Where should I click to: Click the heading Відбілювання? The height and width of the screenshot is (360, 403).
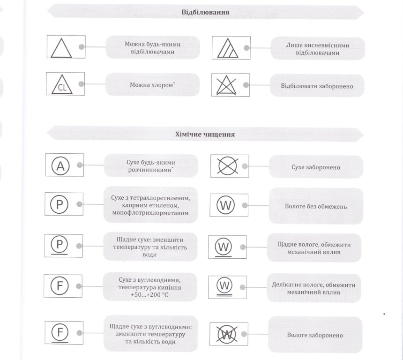[x=205, y=12]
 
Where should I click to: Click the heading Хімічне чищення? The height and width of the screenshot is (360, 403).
[x=205, y=134]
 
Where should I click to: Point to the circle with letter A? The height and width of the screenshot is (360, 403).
[x=60, y=166]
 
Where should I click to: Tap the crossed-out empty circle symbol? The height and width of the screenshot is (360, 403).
[x=227, y=166]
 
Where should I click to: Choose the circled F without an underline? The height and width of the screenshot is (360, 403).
[x=60, y=286]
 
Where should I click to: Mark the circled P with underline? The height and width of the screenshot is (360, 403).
[x=60, y=245]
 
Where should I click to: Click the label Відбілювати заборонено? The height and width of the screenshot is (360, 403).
[x=317, y=86]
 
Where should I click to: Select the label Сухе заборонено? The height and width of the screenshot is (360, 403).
[x=316, y=167]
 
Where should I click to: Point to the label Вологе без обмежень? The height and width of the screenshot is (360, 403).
[x=316, y=206]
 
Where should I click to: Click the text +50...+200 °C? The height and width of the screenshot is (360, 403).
[x=149, y=295]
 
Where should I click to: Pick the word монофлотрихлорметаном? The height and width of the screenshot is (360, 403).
[x=150, y=213]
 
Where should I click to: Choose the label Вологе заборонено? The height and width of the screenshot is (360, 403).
[x=315, y=335]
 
